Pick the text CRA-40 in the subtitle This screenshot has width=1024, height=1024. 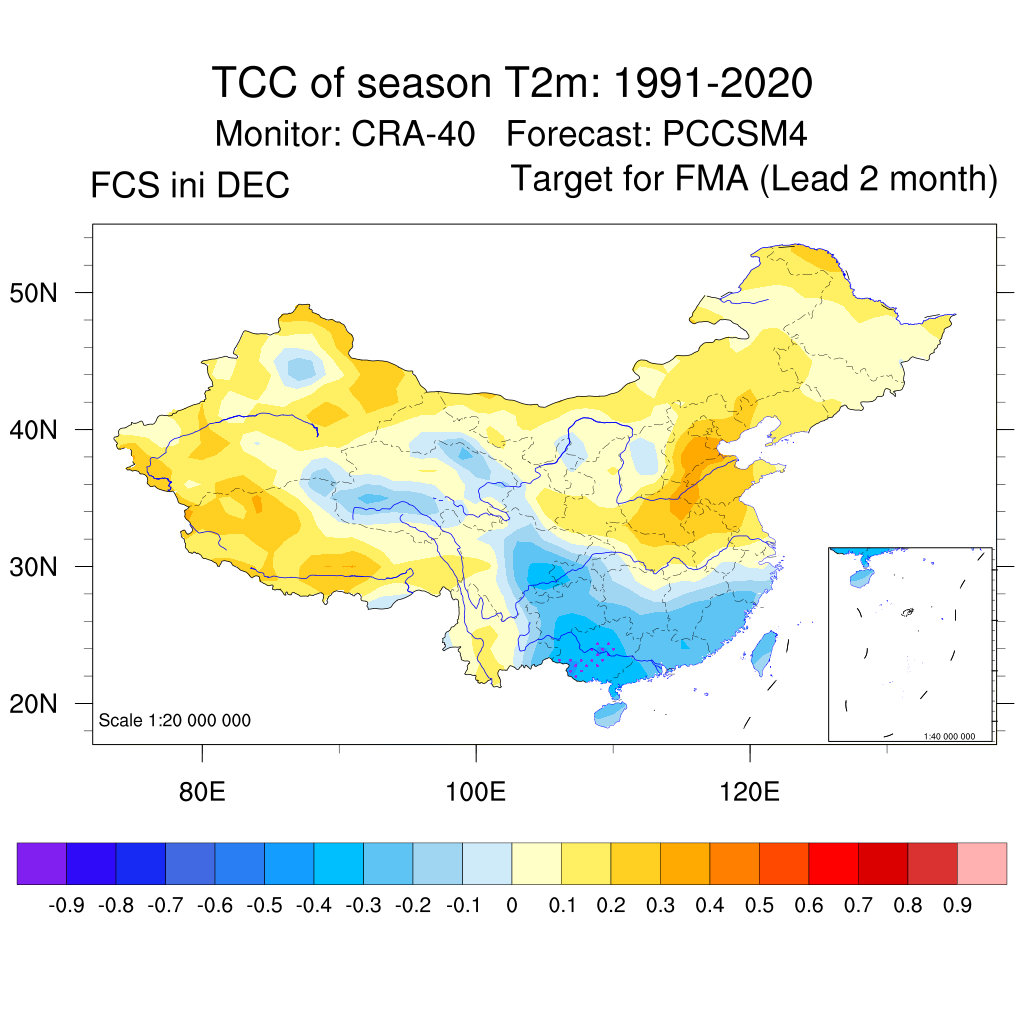pyautogui.click(x=413, y=133)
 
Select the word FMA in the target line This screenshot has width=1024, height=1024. pyautogui.click(x=712, y=179)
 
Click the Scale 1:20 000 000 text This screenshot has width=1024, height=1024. pyautogui.click(x=175, y=720)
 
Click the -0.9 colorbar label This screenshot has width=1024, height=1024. pyautogui.click(x=65, y=906)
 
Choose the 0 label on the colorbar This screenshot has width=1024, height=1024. pyautogui.click(x=511, y=906)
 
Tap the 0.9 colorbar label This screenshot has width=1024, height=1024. pyautogui.click(x=957, y=906)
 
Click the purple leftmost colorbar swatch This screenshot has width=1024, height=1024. pyautogui.click(x=41, y=863)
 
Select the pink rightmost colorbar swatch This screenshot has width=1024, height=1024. pyautogui.click(x=982, y=863)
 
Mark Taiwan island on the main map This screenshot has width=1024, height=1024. pyautogui.click(x=762, y=652)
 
